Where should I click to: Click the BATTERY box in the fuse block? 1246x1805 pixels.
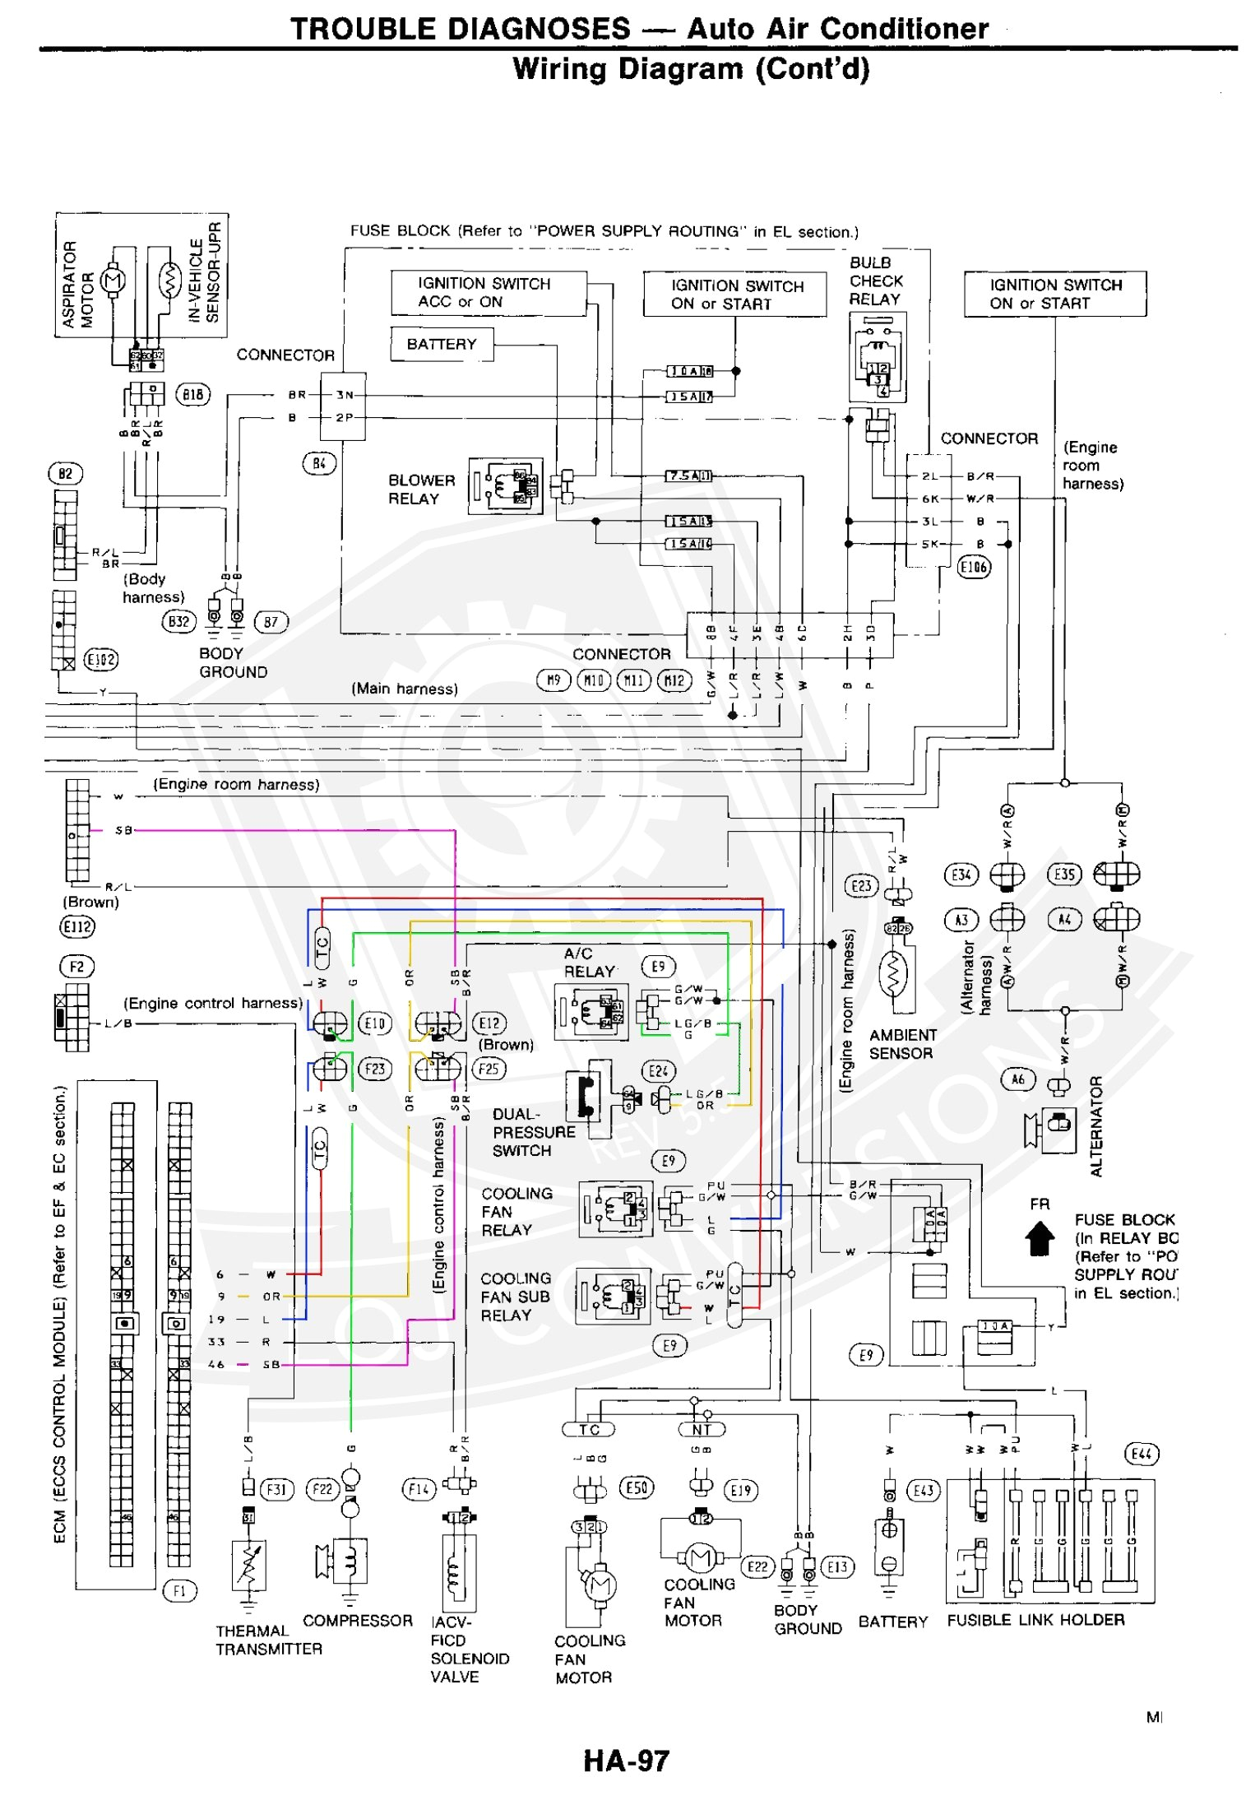click(442, 344)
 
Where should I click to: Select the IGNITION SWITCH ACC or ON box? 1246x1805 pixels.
click(489, 293)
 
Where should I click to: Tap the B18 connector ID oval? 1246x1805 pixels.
click(193, 394)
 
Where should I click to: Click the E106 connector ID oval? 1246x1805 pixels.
click(974, 567)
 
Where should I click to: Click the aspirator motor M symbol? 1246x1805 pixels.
click(113, 280)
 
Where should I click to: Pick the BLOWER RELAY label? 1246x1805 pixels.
click(421, 490)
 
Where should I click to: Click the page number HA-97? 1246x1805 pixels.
click(626, 1761)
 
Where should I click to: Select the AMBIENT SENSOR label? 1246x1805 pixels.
click(902, 1044)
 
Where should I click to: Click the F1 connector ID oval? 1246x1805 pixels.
click(179, 1590)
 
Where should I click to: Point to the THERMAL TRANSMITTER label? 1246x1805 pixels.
click(268, 1640)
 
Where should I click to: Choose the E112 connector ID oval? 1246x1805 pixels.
click(77, 926)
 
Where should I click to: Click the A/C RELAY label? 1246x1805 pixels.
click(589, 962)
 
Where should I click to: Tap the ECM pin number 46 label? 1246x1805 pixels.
click(216, 1364)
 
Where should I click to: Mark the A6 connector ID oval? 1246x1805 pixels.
click(1017, 1079)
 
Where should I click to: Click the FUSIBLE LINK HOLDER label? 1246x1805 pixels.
click(1035, 1619)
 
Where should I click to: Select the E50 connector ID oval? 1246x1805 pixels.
click(637, 1487)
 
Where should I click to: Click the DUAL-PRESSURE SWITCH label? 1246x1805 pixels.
click(533, 1132)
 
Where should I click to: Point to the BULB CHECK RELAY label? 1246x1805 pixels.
click(875, 281)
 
